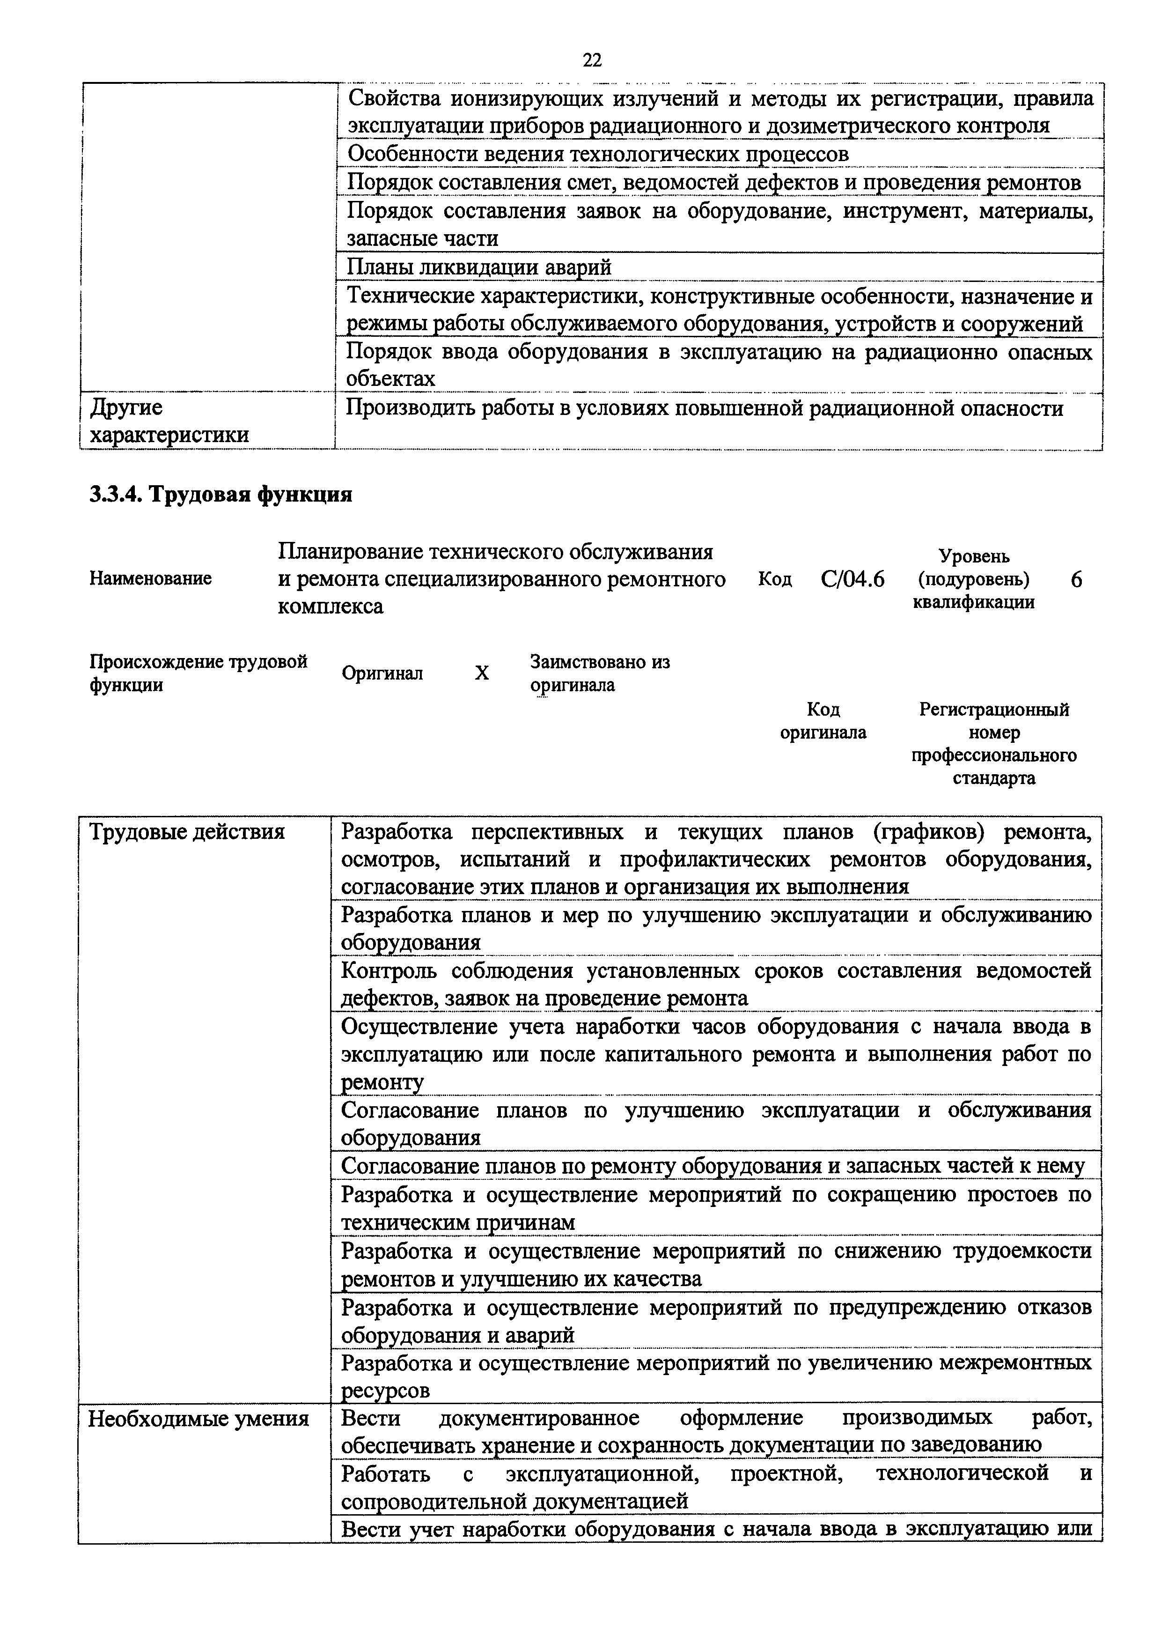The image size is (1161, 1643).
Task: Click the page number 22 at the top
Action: tap(592, 60)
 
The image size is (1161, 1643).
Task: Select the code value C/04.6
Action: tap(852, 578)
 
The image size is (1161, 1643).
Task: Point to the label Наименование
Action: tap(150, 578)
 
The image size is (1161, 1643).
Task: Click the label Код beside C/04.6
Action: tap(775, 579)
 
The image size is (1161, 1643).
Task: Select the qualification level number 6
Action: tap(1076, 579)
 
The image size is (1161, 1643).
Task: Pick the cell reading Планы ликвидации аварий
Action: tap(479, 267)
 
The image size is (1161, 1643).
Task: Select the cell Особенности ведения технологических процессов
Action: tap(597, 154)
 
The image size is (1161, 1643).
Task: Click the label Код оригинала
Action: tap(823, 721)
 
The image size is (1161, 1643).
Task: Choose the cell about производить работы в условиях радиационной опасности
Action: tap(704, 408)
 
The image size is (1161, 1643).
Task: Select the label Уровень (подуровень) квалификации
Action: tap(974, 579)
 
